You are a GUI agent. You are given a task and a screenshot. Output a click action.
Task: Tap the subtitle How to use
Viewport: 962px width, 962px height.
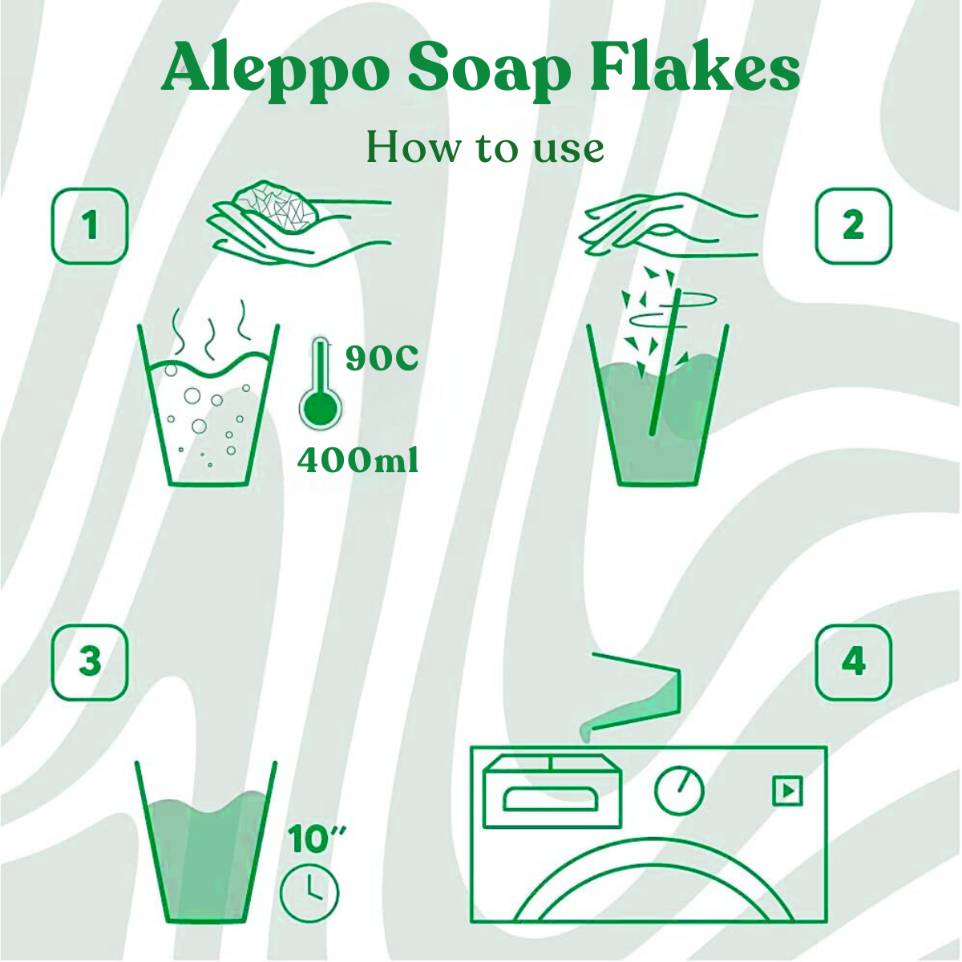tap(485, 148)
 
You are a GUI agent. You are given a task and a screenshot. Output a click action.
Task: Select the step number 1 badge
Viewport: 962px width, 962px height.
tap(91, 226)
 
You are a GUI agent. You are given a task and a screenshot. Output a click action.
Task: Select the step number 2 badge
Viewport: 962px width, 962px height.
tap(854, 226)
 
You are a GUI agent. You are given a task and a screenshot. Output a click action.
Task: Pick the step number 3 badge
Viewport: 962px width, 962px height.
tap(91, 662)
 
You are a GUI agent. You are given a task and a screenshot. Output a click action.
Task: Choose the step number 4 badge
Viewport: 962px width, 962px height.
tap(854, 662)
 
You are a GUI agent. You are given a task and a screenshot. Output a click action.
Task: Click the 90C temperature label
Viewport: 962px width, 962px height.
tap(382, 358)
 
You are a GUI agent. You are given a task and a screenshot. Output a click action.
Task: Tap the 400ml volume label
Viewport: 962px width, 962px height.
tap(358, 460)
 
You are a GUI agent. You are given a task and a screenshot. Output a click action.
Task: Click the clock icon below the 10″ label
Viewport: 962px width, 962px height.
tap(309, 893)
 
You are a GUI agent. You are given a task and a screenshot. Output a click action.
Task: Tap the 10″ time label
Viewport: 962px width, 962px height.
tap(316, 839)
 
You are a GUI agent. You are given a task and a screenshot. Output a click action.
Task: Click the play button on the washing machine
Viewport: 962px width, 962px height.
tap(788, 790)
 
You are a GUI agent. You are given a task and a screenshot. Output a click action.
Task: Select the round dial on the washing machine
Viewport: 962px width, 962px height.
tap(679, 790)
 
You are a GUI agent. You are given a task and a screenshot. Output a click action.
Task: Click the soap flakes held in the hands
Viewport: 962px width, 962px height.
tap(276, 205)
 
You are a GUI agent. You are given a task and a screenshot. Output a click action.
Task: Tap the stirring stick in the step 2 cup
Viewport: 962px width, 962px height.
tap(665, 362)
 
